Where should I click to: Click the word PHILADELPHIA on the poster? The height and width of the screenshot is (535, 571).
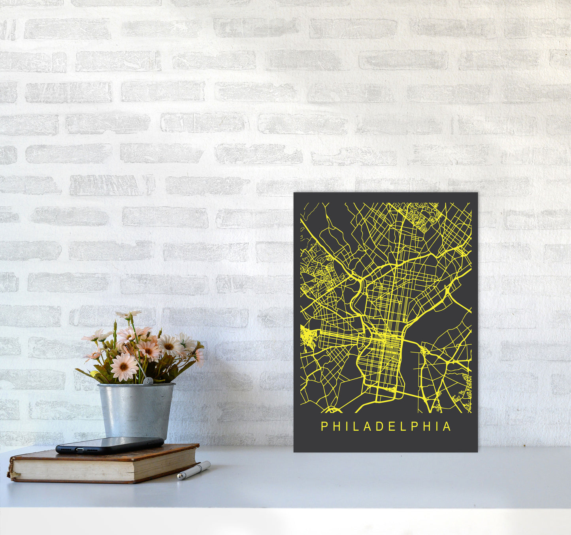coord(386,426)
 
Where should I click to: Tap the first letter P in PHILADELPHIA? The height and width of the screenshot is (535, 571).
coord(324,426)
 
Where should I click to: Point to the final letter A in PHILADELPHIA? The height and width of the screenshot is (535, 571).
coord(447,426)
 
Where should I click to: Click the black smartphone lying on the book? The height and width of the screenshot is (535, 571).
coord(109,445)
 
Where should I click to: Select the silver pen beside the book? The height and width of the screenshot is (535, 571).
coord(194,470)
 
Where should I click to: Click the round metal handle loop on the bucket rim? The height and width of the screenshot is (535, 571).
coord(147,381)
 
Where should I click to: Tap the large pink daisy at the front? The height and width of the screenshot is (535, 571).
coord(124,367)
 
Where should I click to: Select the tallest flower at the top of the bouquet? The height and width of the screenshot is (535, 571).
coord(128,315)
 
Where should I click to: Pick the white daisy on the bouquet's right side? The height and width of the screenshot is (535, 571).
coord(170,345)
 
